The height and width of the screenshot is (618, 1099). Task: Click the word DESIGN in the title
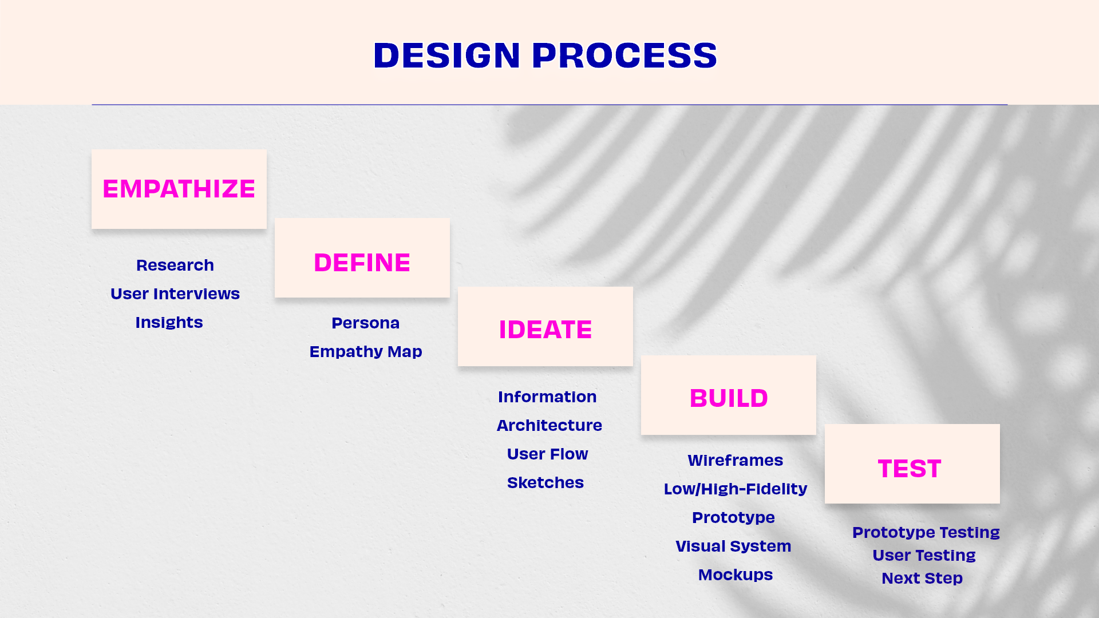(447, 56)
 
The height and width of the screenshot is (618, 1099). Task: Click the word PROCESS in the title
(624, 56)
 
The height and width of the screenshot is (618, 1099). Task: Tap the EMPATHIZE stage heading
(179, 189)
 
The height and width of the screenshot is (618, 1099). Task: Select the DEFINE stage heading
(362, 263)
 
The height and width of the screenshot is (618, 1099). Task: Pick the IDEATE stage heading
(545, 330)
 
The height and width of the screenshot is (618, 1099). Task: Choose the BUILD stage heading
(729, 398)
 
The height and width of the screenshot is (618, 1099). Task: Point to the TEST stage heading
(910, 469)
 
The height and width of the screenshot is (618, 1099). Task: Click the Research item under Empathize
(175, 265)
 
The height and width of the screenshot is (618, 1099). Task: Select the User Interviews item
(175, 294)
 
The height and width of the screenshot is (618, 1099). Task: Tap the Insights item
(169, 322)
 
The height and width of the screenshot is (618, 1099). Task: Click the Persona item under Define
(366, 323)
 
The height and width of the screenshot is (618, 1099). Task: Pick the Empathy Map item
(366, 351)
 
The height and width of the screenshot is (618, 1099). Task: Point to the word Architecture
(549, 425)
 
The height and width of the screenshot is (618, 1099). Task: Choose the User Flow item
(548, 454)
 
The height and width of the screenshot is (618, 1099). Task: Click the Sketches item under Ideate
(545, 482)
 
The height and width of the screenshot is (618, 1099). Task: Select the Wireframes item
(736, 460)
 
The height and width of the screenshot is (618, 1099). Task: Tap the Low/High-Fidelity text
(736, 489)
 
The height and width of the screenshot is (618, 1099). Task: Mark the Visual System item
(733, 546)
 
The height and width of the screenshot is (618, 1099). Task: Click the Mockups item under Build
(736, 575)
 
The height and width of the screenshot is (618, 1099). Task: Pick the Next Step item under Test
(922, 578)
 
